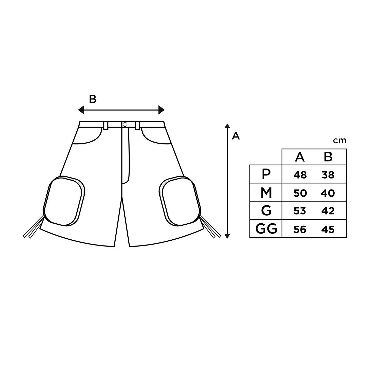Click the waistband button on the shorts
pyautogui.click(x=125, y=125)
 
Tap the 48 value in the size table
pyautogui.click(x=300, y=175)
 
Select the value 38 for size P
pyautogui.click(x=328, y=175)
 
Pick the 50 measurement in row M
pyautogui.click(x=300, y=193)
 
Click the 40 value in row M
pyautogui.click(x=328, y=193)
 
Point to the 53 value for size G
pyautogui.click(x=300, y=211)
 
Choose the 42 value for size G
pyautogui.click(x=328, y=211)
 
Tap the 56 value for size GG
pyautogui.click(x=300, y=229)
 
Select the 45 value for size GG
pyautogui.click(x=328, y=229)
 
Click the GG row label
pyautogui.click(x=266, y=229)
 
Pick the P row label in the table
pyautogui.click(x=266, y=174)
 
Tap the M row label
pyautogui.click(x=266, y=193)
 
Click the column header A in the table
pyautogui.click(x=300, y=157)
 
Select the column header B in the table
pyautogui.click(x=328, y=157)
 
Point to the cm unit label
pyautogui.click(x=339, y=141)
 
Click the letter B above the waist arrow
pyautogui.click(x=93, y=99)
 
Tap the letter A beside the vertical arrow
pyautogui.click(x=236, y=136)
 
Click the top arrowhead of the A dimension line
pyautogui.click(x=227, y=126)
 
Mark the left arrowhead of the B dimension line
pyautogui.click(x=81, y=110)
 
